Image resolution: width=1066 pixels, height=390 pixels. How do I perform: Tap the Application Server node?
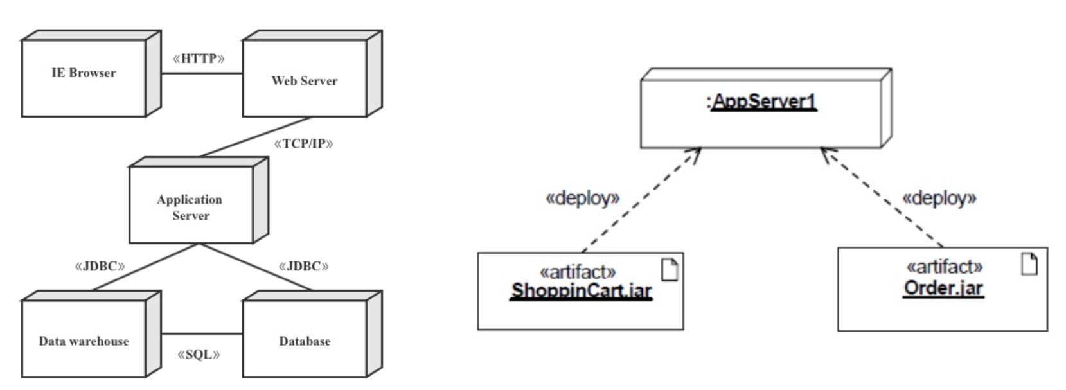[191, 206]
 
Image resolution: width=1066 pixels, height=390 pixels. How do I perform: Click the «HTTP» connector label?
[199, 59]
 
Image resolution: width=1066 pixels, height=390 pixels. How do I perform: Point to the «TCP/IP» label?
[304, 143]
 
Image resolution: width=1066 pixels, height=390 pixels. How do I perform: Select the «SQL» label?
[199, 355]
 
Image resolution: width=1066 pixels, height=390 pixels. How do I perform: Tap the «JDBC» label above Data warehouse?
[100, 266]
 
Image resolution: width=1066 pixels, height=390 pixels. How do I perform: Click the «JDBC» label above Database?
[304, 266]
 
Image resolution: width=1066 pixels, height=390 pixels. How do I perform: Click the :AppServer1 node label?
[763, 102]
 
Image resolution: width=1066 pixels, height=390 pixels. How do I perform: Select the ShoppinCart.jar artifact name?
[582, 291]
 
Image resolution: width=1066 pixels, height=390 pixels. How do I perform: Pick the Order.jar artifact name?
[943, 287]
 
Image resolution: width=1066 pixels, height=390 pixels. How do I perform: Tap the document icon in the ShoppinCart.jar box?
[670, 270]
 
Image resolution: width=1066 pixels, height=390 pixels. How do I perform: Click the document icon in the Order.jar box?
[1029, 264]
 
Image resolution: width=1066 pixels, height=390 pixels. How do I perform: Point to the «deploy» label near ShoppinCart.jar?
[582, 198]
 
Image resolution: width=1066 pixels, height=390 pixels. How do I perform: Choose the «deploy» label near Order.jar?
[939, 198]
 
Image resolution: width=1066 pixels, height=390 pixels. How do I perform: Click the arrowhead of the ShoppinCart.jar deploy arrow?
[696, 152]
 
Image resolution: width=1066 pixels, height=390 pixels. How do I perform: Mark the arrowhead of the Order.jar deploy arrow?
[824, 152]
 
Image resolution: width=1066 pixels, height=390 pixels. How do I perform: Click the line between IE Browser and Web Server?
[202, 73]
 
